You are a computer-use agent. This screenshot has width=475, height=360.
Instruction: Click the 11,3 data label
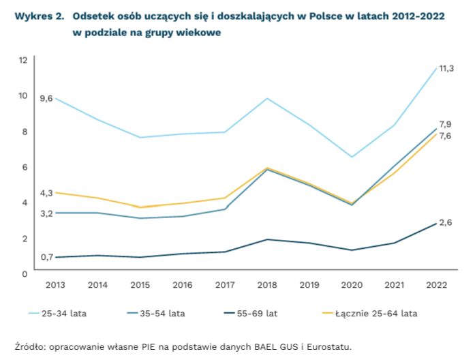(446, 68)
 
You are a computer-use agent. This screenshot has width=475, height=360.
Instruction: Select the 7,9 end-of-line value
(445, 124)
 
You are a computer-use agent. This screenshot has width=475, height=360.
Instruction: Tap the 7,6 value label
(445, 136)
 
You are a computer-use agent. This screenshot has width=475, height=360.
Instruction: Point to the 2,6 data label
(446, 223)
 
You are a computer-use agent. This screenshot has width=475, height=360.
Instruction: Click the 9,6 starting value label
(46, 99)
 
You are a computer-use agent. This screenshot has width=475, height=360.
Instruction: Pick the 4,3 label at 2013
(46, 194)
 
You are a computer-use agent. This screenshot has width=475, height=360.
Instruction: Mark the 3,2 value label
(46, 214)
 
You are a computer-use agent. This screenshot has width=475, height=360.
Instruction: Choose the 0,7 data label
(46, 257)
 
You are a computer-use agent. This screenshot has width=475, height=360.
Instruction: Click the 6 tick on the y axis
(25, 167)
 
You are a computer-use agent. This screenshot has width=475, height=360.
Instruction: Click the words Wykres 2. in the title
(35, 16)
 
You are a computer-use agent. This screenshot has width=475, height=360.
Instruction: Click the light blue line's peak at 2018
(267, 99)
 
